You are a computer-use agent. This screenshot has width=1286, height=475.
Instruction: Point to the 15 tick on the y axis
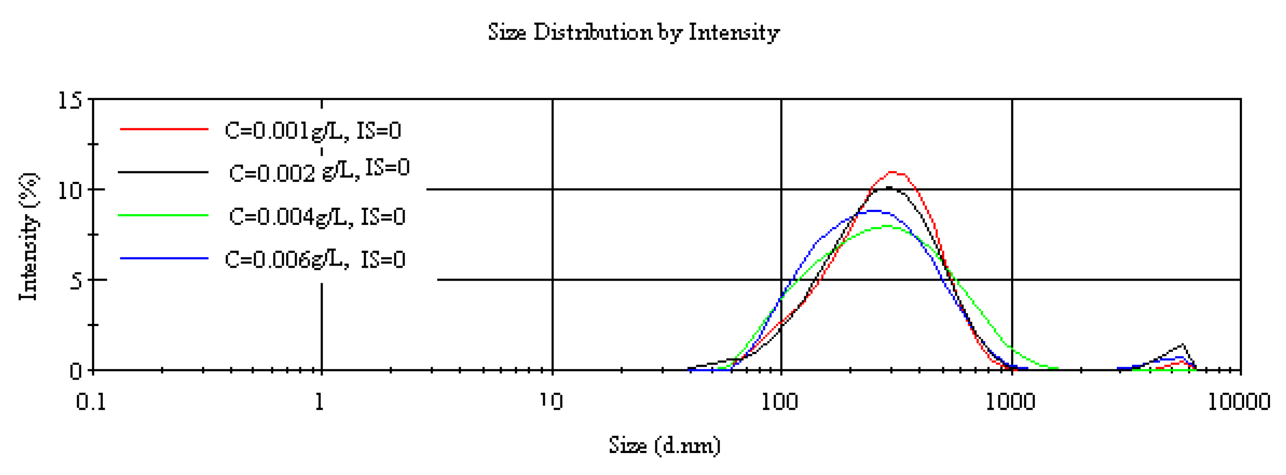69,100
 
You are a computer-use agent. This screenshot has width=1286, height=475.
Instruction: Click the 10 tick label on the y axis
69,190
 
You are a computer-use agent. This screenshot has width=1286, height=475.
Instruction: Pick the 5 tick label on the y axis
75,281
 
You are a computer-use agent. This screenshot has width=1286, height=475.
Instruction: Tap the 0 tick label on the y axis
75,371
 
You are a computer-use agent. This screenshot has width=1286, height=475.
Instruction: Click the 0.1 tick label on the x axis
91,402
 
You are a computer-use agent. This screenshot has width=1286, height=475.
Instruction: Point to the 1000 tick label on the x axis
1010,402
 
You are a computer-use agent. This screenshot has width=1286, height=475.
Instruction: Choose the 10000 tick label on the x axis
1238,402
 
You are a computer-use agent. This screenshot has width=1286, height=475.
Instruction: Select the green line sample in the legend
163,215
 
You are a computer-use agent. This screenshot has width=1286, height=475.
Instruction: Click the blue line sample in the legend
163,258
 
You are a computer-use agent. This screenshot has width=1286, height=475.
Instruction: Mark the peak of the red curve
893,172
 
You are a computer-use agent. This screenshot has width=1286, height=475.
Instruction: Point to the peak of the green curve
887,226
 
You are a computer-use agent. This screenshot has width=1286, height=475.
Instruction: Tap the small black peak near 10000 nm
1182,345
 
